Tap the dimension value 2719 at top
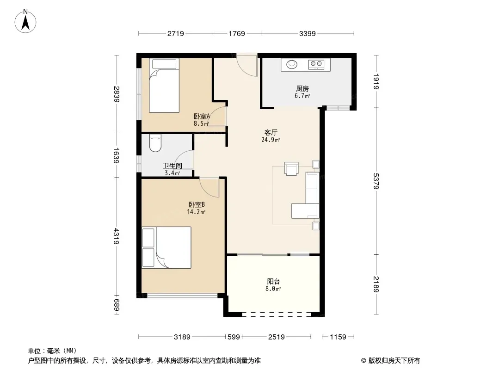[176, 33]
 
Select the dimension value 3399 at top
[308, 33]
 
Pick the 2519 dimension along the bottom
[276, 337]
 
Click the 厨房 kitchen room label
[302, 89]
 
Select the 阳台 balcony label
[273, 281]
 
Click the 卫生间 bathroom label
[172, 166]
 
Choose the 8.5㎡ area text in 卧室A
[201, 123]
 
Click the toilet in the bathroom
[155, 143]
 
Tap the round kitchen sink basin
[292, 64]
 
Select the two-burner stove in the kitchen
[317, 64]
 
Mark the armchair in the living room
[292, 169]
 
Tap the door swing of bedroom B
[210, 187]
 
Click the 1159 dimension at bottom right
[339, 337]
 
